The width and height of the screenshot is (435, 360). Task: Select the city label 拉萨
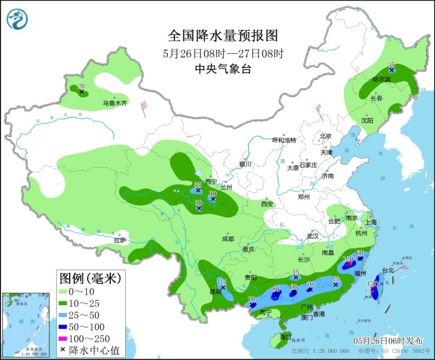coord(120,240)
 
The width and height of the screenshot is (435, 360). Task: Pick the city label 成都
coord(227,239)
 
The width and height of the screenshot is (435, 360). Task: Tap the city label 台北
coord(388,270)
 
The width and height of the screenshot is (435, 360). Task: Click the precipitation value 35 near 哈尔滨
coord(392,64)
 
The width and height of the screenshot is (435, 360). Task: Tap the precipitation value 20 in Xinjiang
coord(81,86)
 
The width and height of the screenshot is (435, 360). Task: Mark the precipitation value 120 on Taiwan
coord(372,283)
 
